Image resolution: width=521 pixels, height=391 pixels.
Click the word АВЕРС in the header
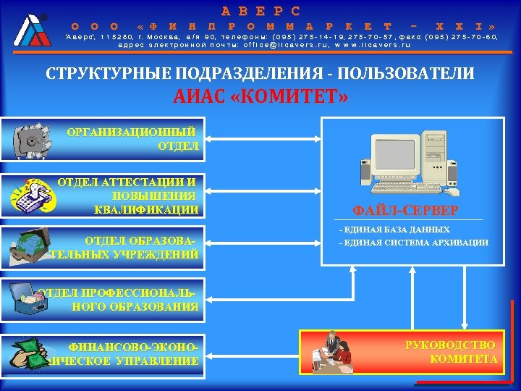[x=260, y=12]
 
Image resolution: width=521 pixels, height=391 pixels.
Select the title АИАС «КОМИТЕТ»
[x=260, y=96]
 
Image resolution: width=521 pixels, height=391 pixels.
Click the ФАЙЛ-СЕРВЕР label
[x=405, y=211]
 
